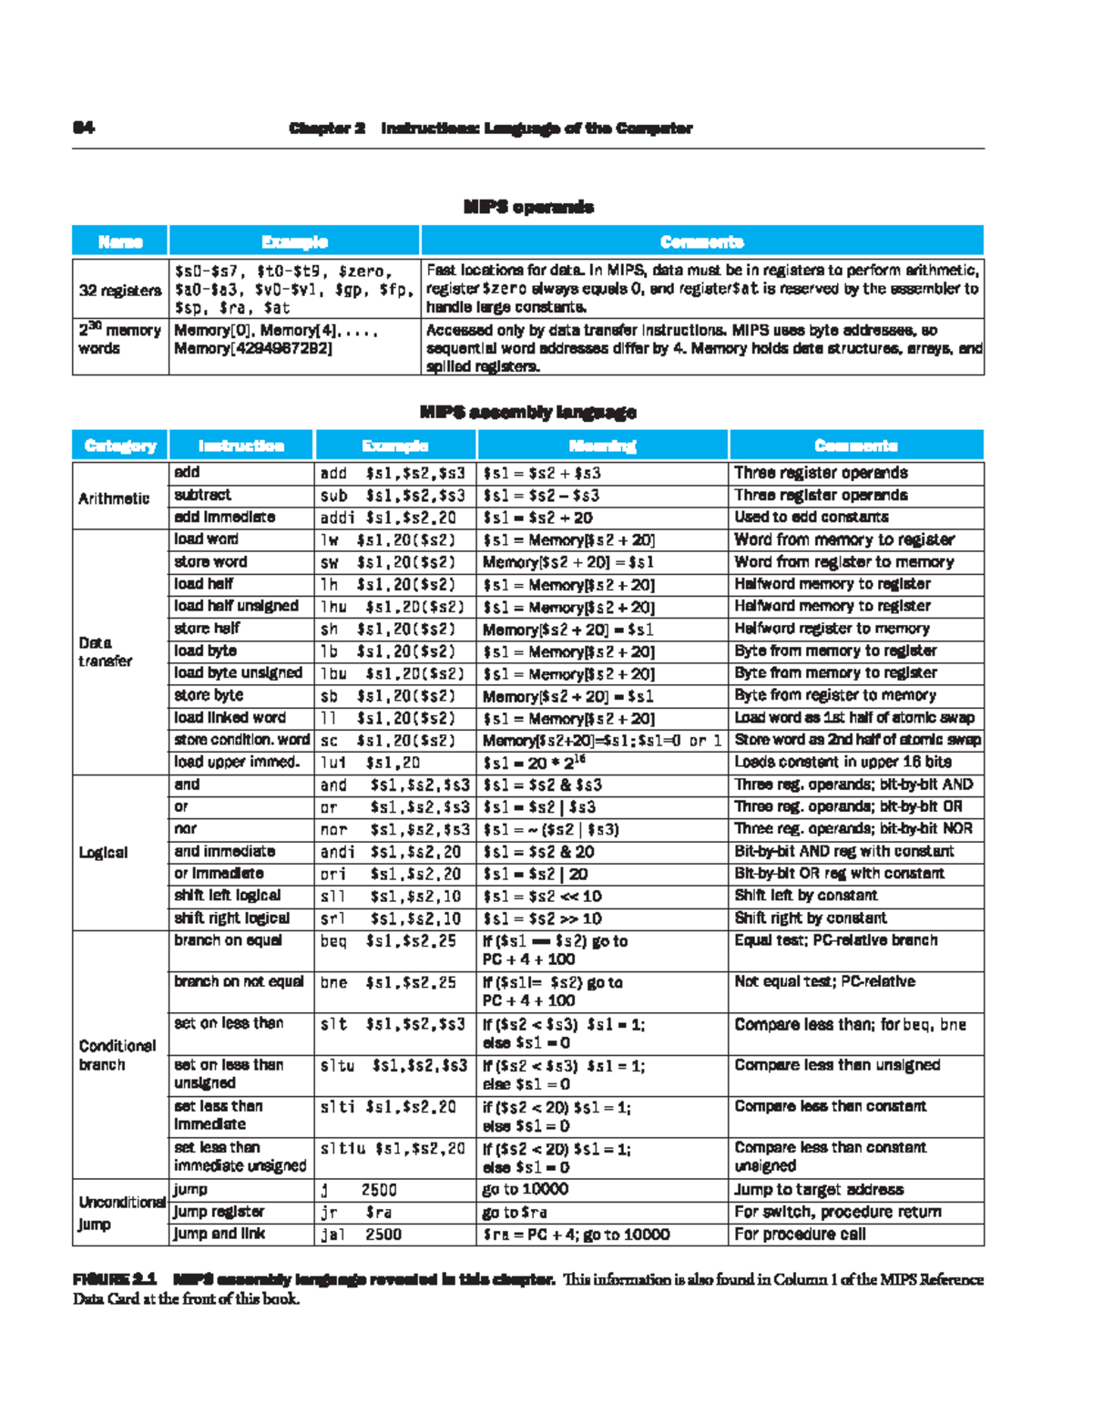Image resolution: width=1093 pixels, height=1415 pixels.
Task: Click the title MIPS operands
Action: coord(528,207)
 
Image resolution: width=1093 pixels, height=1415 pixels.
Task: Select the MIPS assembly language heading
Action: coord(528,412)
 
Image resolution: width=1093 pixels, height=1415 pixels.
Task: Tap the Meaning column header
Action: coord(602,446)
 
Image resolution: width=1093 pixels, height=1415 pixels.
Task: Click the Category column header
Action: coord(120,446)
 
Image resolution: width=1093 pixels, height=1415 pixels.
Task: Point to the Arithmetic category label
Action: coord(114,497)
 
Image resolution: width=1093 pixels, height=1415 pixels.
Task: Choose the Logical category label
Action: coord(103,852)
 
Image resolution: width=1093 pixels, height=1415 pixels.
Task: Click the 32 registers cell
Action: coord(120,290)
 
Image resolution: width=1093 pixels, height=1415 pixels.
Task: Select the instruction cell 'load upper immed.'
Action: coord(237,762)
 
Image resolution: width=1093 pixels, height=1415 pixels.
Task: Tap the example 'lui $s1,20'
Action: coord(370,763)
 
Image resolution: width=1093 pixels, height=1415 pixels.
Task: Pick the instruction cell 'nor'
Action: coord(185,828)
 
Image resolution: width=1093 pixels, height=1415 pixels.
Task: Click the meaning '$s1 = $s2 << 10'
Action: coord(542,896)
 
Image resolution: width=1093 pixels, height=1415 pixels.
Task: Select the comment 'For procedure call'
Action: coord(800,1234)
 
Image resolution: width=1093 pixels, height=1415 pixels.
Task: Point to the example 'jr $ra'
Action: coord(356,1212)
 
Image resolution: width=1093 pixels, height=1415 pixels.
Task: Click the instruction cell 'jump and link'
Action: coord(220,1234)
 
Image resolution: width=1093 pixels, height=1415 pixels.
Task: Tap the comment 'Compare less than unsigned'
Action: coord(837,1064)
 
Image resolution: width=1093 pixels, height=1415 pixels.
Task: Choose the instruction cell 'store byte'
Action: coord(209,694)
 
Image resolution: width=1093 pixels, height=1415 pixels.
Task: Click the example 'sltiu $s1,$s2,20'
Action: coord(393,1148)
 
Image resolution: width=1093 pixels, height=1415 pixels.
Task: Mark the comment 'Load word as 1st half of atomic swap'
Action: coord(853,717)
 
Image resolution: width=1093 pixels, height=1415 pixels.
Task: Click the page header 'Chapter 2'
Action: coord(327,128)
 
